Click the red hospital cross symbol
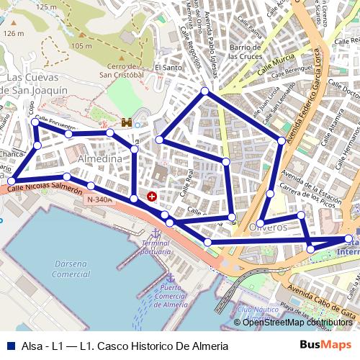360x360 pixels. tap(152, 196)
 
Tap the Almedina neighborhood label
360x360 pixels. tap(99, 158)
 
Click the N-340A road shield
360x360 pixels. tap(98, 199)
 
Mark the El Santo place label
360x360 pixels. tap(168, 67)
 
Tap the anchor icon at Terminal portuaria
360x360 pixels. tap(154, 234)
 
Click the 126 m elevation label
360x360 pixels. tap(13, 33)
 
